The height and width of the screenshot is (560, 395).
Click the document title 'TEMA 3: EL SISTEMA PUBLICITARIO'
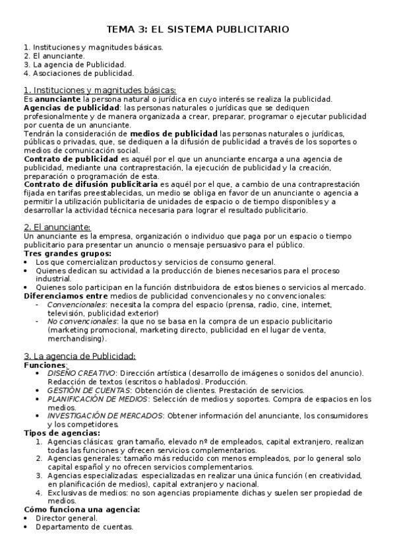198,30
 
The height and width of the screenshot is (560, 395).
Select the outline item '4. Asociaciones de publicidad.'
78,73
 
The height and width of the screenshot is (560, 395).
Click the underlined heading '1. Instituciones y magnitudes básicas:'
100,90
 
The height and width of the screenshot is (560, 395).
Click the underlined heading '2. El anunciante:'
57,227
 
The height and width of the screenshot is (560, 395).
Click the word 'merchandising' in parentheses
76,339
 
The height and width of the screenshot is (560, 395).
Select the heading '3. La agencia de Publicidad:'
79,357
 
